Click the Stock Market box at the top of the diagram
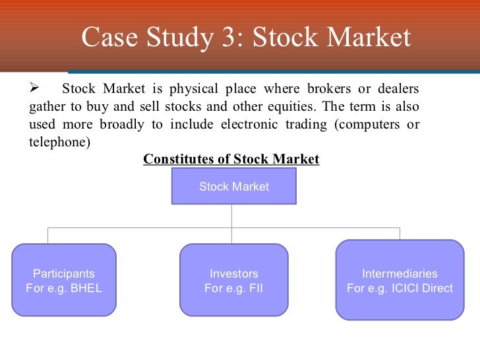tap(233, 187)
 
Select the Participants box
tap(64, 281)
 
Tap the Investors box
tap(233, 281)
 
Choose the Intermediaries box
tap(400, 281)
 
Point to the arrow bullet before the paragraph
tap(37, 89)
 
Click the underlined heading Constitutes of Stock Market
tap(231, 159)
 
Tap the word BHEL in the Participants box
tap(87, 288)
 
